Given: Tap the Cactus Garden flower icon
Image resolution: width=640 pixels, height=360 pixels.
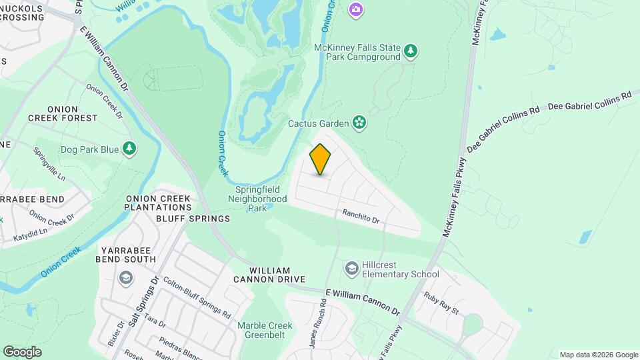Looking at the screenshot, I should point(359,122).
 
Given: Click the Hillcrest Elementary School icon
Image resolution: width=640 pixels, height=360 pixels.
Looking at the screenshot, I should point(351,268).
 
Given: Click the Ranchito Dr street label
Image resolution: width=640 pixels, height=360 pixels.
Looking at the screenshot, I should point(361,217).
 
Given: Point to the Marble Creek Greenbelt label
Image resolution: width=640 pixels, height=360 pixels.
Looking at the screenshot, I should point(265,331).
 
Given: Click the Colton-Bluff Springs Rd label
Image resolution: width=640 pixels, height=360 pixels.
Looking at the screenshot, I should point(196,297).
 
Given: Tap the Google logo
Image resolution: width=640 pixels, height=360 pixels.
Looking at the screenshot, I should point(22,351).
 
